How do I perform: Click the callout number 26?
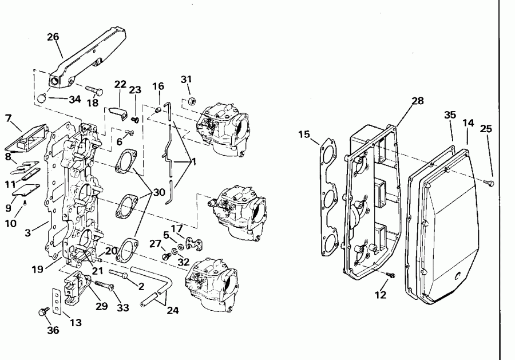[53, 37]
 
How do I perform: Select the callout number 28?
[418, 101]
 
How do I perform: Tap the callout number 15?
[304, 134]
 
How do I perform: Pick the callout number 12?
[381, 295]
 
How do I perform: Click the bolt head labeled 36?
[42, 312]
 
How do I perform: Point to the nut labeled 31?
[191, 101]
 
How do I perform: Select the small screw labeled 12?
[389, 276]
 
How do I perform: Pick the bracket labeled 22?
[118, 112]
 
